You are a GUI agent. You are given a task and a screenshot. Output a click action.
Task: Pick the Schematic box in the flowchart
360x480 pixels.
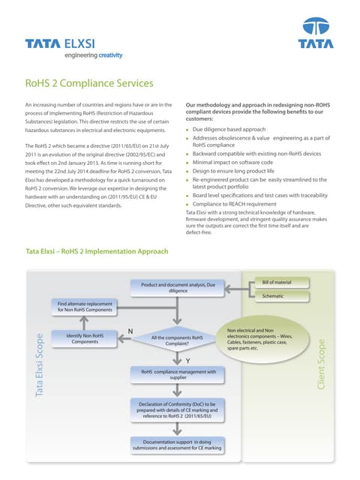point(278,296)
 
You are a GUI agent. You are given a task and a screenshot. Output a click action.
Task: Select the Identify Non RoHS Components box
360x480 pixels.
point(85,338)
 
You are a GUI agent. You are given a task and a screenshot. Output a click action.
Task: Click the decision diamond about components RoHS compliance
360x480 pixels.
point(178,338)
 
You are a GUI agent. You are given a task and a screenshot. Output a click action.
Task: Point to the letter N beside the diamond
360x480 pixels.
point(130,331)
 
